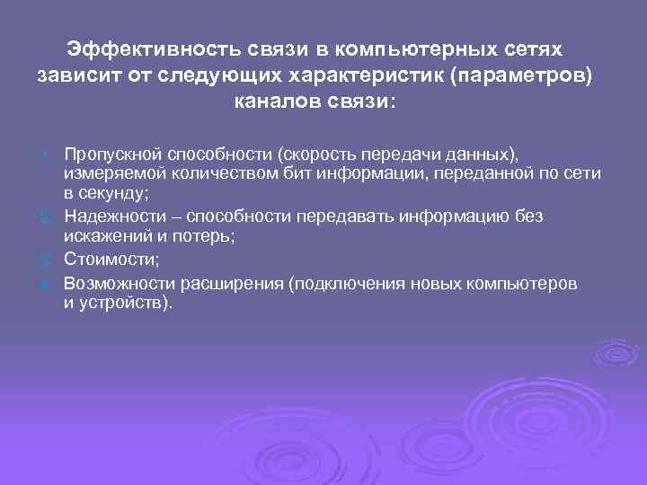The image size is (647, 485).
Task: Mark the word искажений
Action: coord(102,236)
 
